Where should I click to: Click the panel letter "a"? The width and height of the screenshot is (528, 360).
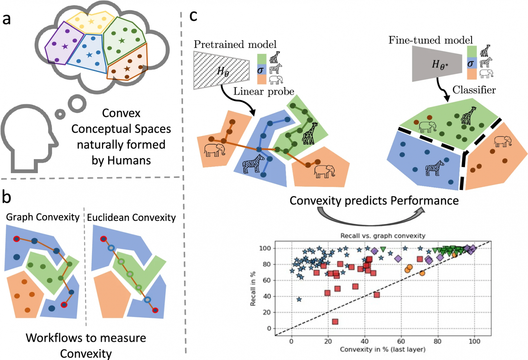(6, 19)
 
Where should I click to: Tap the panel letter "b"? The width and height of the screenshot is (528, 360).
(6, 197)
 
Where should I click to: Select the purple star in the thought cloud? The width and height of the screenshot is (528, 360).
(65, 46)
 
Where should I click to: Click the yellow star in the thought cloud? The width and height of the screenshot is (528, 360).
(91, 22)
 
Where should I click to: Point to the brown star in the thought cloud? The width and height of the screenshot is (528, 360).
(127, 69)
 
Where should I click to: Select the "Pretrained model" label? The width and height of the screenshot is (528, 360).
(235, 44)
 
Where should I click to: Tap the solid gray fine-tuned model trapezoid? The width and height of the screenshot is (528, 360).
(437, 64)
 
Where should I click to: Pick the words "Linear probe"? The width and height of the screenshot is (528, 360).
(264, 91)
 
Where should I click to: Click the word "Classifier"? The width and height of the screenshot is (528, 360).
(474, 90)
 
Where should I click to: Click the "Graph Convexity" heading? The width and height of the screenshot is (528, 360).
(43, 217)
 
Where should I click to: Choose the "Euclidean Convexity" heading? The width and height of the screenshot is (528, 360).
(131, 217)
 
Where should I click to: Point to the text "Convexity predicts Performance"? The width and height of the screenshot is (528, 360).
(374, 200)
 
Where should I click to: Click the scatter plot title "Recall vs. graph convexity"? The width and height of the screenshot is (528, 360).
(382, 236)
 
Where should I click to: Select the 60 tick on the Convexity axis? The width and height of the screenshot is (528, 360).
(401, 341)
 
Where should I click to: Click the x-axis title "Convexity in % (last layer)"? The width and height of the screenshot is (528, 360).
(382, 349)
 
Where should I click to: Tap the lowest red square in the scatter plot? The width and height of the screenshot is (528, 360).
(335, 322)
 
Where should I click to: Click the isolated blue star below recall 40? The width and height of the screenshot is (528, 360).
(299, 299)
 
